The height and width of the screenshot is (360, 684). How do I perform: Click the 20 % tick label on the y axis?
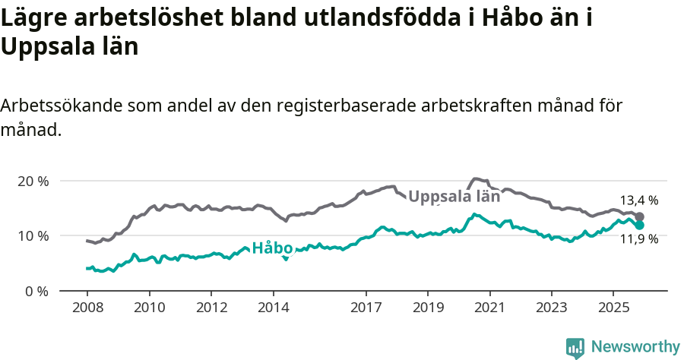click(33, 181)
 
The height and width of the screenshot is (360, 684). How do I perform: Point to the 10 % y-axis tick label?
click(33, 235)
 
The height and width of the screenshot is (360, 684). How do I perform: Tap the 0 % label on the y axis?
click(36, 291)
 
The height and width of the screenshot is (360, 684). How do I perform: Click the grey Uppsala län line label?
click(454, 196)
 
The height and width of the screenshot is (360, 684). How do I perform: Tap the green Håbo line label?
click(273, 248)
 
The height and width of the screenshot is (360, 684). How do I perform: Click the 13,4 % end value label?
click(639, 201)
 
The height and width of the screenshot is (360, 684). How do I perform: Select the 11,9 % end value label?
click(639, 239)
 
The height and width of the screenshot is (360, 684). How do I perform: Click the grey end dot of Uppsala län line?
click(640, 216)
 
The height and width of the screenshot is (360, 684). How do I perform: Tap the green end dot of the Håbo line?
click(640, 226)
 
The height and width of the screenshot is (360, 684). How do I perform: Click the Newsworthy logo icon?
click(575, 347)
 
